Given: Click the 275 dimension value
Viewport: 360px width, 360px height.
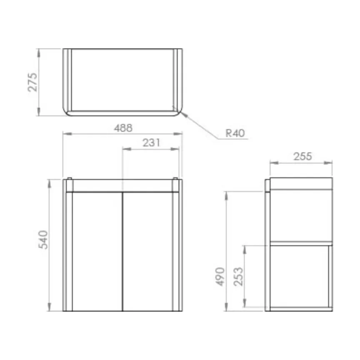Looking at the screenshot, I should coord(32,82).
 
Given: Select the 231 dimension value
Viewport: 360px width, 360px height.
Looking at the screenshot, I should coord(152,142).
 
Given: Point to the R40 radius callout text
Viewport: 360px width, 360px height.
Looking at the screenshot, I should coord(235,133).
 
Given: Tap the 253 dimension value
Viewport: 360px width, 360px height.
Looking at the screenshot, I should coord(238,276).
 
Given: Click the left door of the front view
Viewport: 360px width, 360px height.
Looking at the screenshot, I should coord(97,251).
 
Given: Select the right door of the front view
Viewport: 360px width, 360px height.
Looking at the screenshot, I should coord(147,251).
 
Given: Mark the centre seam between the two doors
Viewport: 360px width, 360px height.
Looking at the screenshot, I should coord(122,251).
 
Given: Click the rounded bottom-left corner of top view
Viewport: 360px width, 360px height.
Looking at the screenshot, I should coord(66,112).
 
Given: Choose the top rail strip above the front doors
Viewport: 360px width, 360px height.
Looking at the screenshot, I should coord(122,186).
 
